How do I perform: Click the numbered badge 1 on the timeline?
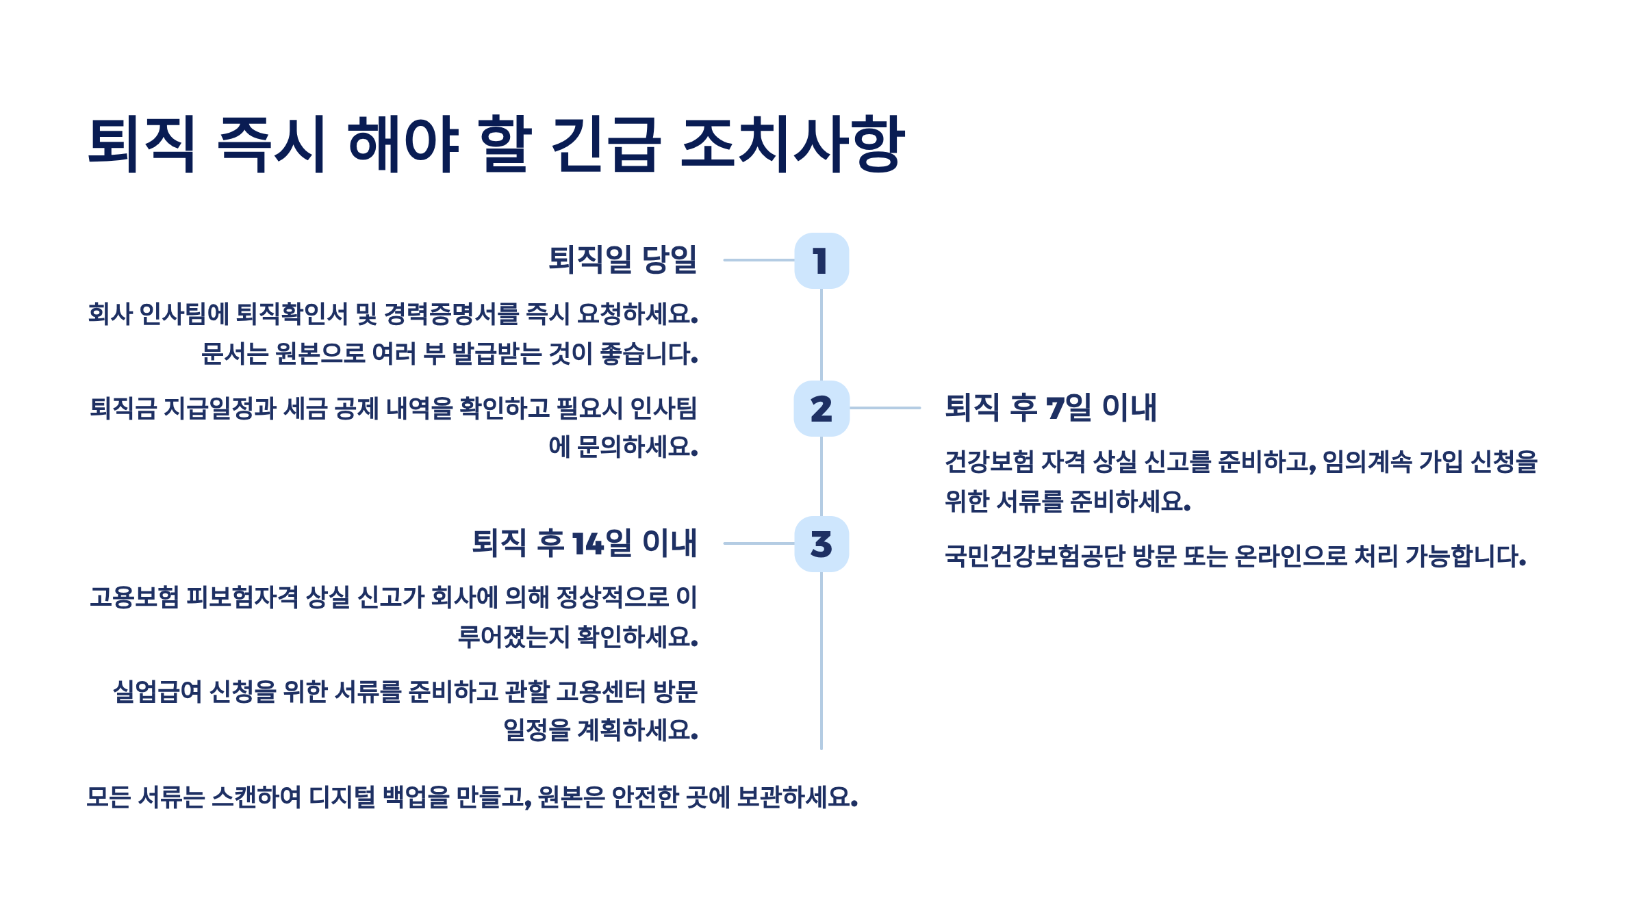click(x=821, y=261)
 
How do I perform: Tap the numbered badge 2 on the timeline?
click(x=821, y=409)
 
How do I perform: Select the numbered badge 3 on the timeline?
click(x=821, y=544)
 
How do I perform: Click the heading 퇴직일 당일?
click(x=622, y=260)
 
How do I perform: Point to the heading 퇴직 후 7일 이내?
click(x=1051, y=408)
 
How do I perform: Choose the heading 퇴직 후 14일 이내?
click(x=584, y=543)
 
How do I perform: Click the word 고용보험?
click(x=134, y=598)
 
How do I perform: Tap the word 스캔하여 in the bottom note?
click(x=256, y=797)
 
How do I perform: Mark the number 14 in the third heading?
click(x=588, y=544)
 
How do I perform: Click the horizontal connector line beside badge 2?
click(x=885, y=408)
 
